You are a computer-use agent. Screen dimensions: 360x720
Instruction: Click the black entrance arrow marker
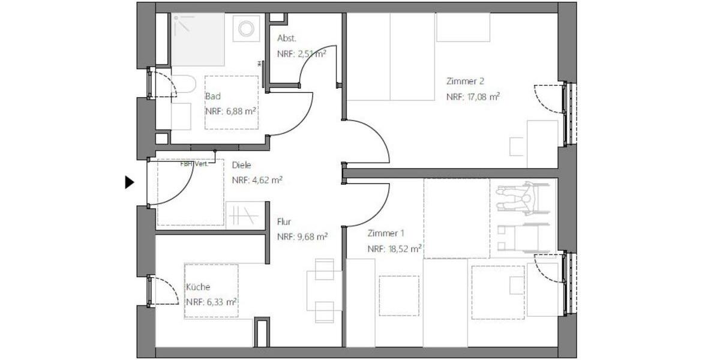pyautogui.click(x=129, y=182)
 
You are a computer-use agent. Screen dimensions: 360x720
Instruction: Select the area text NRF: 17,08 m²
pyautogui.click(x=473, y=96)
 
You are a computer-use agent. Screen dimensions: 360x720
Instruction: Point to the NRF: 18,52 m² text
pyautogui.click(x=394, y=248)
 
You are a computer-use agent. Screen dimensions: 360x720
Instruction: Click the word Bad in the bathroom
pyautogui.click(x=212, y=96)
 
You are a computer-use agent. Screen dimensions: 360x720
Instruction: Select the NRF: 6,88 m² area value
pyautogui.click(x=230, y=111)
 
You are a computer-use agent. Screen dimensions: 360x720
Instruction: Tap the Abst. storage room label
pyautogui.click(x=286, y=38)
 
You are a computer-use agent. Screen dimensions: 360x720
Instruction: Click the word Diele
pyautogui.click(x=241, y=165)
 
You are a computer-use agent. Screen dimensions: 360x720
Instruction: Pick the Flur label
pyautogui.click(x=284, y=221)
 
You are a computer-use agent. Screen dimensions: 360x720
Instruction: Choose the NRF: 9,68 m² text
pyautogui.click(x=302, y=236)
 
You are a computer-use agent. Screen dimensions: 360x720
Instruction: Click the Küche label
pyautogui.click(x=197, y=287)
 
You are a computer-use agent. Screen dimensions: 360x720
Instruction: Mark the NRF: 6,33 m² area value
pyautogui.click(x=211, y=302)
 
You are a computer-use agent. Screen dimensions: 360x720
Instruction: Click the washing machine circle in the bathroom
pyautogui.click(x=246, y=29)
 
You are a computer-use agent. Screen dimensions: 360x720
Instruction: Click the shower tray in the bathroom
pyautogui.click(x=198, y=40)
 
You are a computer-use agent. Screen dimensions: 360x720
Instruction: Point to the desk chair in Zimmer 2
pyautogui.click(x=517, y=146)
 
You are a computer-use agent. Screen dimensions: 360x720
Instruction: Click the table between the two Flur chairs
pyautogui.click(x=324, y=290)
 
